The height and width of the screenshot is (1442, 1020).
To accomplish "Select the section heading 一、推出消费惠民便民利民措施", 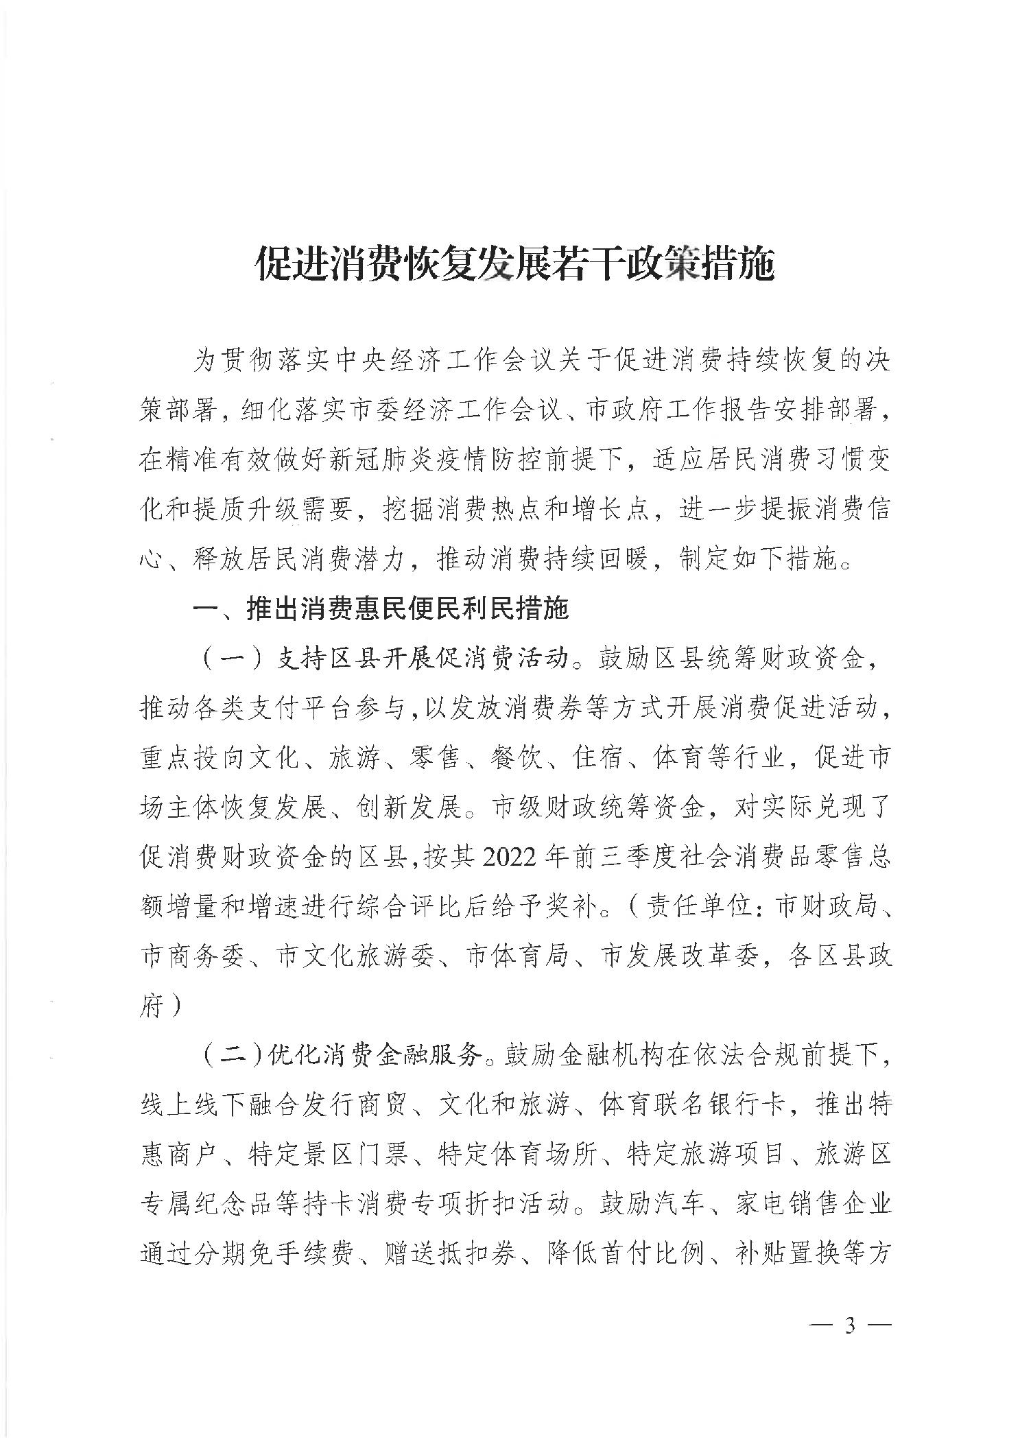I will click(x=381, y=608).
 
